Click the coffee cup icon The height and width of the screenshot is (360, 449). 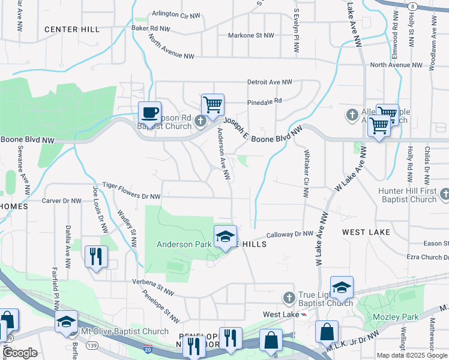pos(149,112)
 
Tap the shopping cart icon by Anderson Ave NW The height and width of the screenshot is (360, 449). pos(212,105)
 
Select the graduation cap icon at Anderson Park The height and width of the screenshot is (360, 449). pos(226,237)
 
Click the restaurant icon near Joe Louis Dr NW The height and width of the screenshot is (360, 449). pos(96,257)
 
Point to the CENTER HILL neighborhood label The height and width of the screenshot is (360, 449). pos(71,29)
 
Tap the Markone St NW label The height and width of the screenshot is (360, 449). pos(250,35)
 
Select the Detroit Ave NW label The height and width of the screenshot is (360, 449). pos(270,82)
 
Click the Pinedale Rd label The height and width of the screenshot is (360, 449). pos(265,101)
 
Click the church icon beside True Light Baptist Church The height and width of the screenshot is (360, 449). pos(289,298)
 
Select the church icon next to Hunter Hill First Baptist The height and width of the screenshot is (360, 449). pos(444,194)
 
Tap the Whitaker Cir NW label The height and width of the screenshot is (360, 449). pos(307,173)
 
